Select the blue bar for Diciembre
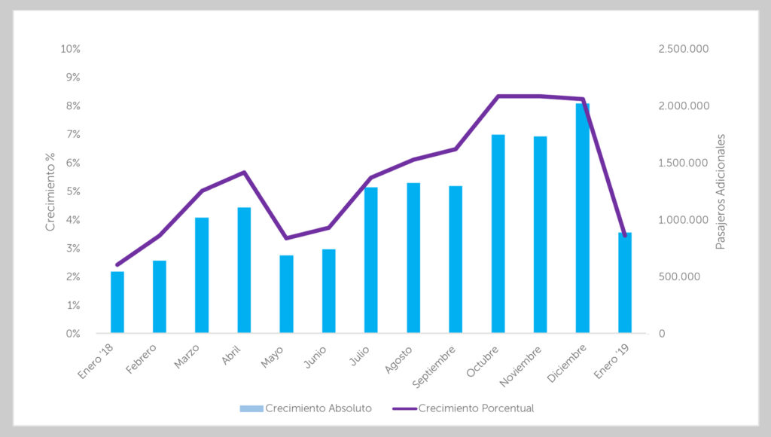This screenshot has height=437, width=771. click(583, 218)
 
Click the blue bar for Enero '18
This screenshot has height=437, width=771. click(117, 302)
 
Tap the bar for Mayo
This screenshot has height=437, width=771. click(286, 295)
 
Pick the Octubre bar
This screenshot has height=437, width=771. click(498, 234)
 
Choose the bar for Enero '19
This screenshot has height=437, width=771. click(625, 283)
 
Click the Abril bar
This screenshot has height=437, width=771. click(244, 270)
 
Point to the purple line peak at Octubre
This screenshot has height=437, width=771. click(498, 96)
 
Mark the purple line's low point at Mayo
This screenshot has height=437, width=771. click(286, 238)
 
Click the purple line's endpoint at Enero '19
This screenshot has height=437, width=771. click(625, 236)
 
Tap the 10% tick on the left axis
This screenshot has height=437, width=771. click(70, 49)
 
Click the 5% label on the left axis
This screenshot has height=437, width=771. click(73, 191)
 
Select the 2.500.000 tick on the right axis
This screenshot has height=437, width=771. click(684, 49)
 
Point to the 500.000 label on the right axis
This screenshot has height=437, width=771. click(679, 277)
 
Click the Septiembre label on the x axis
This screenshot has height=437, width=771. click(434, 367)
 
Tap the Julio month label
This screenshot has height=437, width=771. click(359, 356)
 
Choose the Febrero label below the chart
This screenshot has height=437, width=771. click(141, 359)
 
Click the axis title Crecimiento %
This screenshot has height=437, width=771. click(50, 191)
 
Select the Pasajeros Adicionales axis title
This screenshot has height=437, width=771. click(720, 191)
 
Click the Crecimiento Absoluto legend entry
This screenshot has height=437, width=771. click(306, 408)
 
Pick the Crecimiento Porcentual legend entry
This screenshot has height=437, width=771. click(463, 408)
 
